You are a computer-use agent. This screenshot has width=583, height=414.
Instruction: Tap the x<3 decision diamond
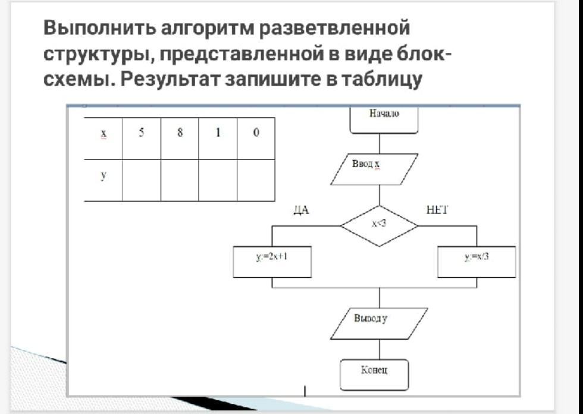click(x=379, y=225)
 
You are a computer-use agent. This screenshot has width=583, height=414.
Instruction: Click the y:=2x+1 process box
click(x=272, y=262)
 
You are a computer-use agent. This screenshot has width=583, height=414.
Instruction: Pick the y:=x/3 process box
click(x=477, y=262)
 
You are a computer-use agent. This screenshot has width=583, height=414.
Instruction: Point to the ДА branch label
click(x=302, y=211)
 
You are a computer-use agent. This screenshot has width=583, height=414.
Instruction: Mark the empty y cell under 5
click(x=142, y=180)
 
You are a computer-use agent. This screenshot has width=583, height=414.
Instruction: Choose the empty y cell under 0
click(x=256, y=180)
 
